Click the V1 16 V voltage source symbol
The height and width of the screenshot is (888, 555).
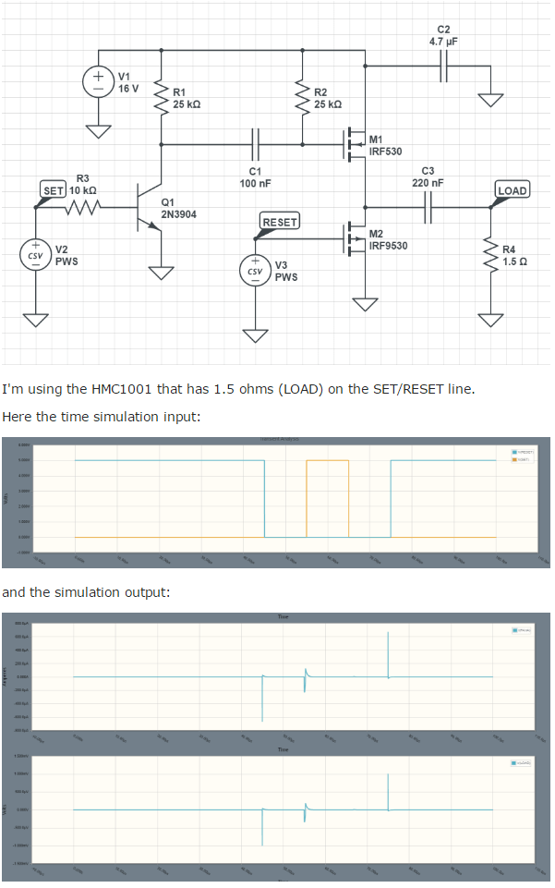pyautogui.click(x=97, y=80)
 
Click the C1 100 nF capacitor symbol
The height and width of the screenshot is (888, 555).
pyautogui.click(x=255, y=144)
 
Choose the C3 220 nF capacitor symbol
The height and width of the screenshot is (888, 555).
pyautogui.click(x=427, y=208)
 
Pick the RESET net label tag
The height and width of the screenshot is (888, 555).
pyautogui.click(x=280, y=222)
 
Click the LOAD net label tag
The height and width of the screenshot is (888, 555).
pyautogui.click(x=512, y=190)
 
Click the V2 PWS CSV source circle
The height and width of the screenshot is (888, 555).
pyautogui.click(x=35, y=255)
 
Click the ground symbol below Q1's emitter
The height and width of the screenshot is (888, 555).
pyautogui.click(x=163, y=273)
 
